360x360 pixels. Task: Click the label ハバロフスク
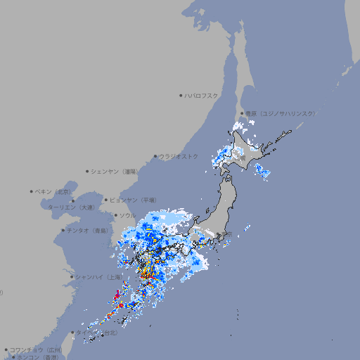pos(202,96)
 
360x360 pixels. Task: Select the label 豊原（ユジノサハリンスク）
pos(281,113)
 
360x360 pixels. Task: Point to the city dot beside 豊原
pos(242,113)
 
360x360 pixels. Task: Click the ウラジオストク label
pos(179,156)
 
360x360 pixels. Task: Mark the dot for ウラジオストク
pos(155,157)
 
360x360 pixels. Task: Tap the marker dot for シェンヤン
pos(88,171)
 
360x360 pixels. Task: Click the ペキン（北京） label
pos(53,191)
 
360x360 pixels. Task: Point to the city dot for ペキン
pos(32,191)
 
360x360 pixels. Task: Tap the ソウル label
pos(127,215)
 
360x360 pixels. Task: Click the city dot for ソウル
pos(115,215)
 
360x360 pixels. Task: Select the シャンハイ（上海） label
pos(98,276)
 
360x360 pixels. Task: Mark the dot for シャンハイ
pos(72,276)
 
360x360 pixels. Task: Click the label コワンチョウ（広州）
pos(36,349)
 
